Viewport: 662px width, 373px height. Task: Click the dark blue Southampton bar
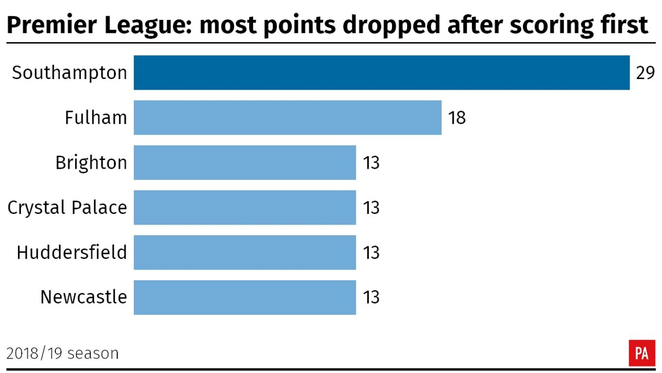381,73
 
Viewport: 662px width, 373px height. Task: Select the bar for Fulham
287,117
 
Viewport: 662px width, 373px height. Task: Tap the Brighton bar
245,162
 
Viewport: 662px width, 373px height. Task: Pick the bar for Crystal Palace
245,208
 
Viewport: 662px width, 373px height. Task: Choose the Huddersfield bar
245,252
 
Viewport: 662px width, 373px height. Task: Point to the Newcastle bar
245,297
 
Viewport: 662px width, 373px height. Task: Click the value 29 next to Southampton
645,73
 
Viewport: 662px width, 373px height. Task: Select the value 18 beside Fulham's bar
457,118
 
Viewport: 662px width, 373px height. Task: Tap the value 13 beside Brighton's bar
371,163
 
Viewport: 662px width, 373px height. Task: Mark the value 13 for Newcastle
371,297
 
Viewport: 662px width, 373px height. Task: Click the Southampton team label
69,73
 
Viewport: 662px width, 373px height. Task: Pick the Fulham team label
96,118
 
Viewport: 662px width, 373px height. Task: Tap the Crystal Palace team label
67,208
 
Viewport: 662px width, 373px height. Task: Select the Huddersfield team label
72,253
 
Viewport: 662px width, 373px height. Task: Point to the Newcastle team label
83,297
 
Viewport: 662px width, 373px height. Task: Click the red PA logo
642,353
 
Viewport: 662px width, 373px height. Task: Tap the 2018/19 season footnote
63,353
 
